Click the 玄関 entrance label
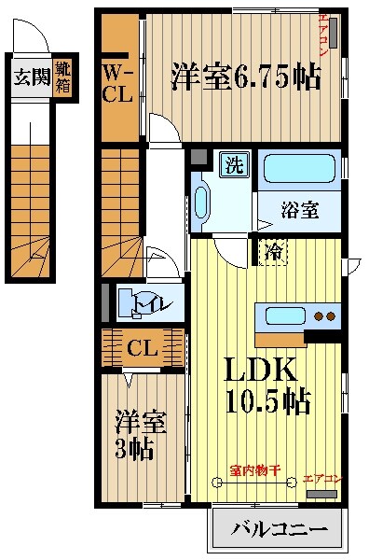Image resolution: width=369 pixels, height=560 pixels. [x=30, y=77]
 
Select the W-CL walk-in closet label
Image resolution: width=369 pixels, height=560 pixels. [x=117, y=83]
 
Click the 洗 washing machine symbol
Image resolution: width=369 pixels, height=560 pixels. [x=233, y=167]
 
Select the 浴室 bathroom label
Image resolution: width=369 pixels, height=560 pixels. [x=299, y=210]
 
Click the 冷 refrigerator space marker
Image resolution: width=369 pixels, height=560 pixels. [x=273, y=252]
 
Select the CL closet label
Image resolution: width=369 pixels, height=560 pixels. [x=142, y=350]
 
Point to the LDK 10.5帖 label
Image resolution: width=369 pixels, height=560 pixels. [x=265, y=386]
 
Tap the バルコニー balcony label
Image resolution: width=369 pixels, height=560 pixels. [x=280, y=530]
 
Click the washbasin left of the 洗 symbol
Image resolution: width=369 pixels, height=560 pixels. [x=203, y=197]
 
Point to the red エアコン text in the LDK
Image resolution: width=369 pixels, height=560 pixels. [x=323, y=478]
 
